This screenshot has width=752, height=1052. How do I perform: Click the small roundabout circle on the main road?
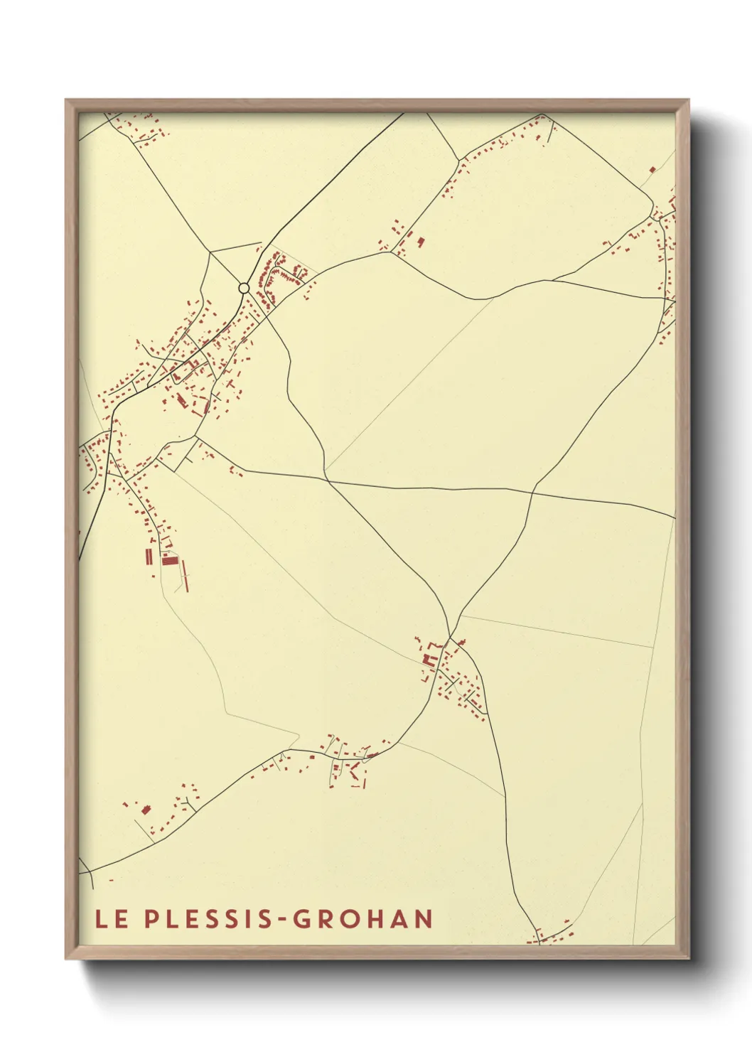244,288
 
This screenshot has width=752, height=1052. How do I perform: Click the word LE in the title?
112,919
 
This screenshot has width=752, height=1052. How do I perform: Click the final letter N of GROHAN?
424,919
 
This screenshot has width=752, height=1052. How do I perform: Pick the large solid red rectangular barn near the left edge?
168,560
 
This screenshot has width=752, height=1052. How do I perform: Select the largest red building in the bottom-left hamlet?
146,809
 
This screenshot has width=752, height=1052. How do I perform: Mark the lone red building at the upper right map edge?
652,169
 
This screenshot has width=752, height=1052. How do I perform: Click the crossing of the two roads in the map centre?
328,481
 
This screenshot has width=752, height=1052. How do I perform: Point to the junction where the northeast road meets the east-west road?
533,491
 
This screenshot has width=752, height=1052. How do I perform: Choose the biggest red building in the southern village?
428,660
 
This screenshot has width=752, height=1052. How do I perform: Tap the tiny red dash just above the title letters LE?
111,880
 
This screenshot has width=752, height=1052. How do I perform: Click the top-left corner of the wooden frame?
66,100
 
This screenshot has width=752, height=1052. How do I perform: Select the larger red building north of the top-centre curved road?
420,242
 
